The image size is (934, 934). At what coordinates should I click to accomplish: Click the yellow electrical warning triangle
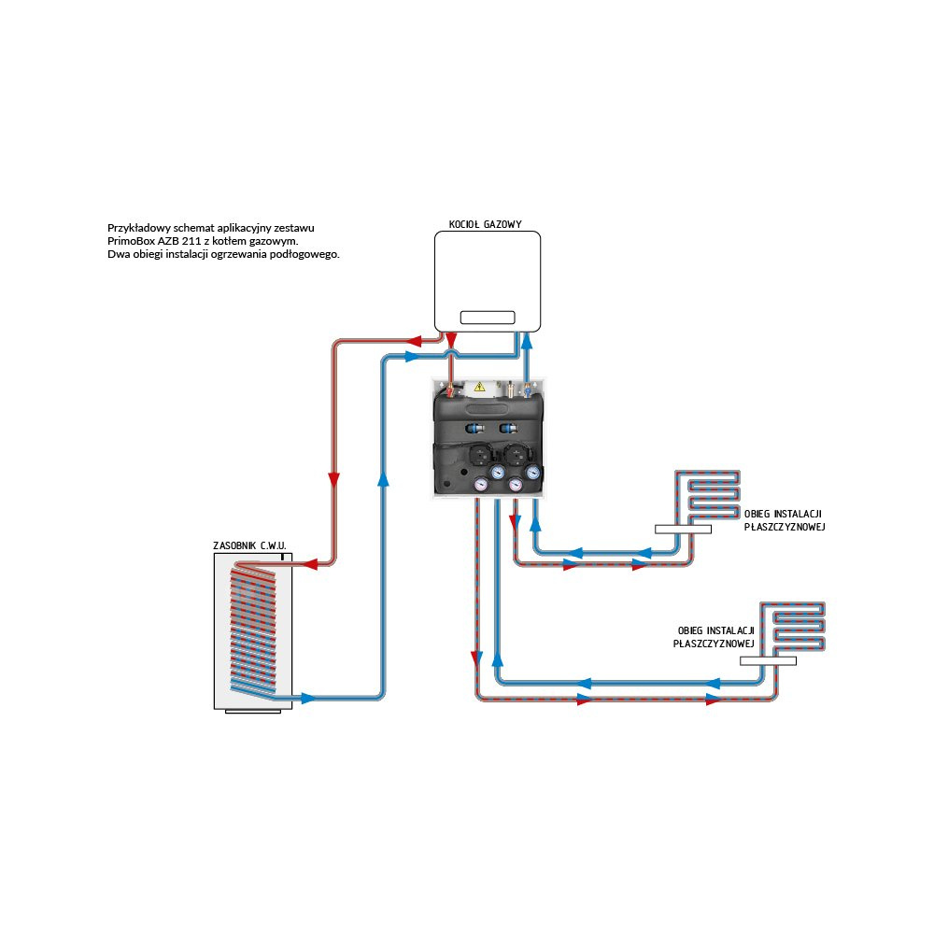(x=479, y=385)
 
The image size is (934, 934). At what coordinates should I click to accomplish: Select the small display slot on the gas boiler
(x=487, y=316)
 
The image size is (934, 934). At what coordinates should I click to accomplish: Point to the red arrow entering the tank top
(x=311, y=563)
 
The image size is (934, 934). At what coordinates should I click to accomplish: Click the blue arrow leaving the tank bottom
(x=307, y=698)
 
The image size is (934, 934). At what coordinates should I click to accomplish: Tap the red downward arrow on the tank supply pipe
(x=333, y=479)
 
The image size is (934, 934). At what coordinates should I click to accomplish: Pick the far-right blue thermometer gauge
(x=532, y=473)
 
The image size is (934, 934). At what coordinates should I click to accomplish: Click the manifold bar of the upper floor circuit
(x=683, y=529)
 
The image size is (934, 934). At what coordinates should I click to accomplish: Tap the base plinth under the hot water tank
(x=253, y=713)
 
